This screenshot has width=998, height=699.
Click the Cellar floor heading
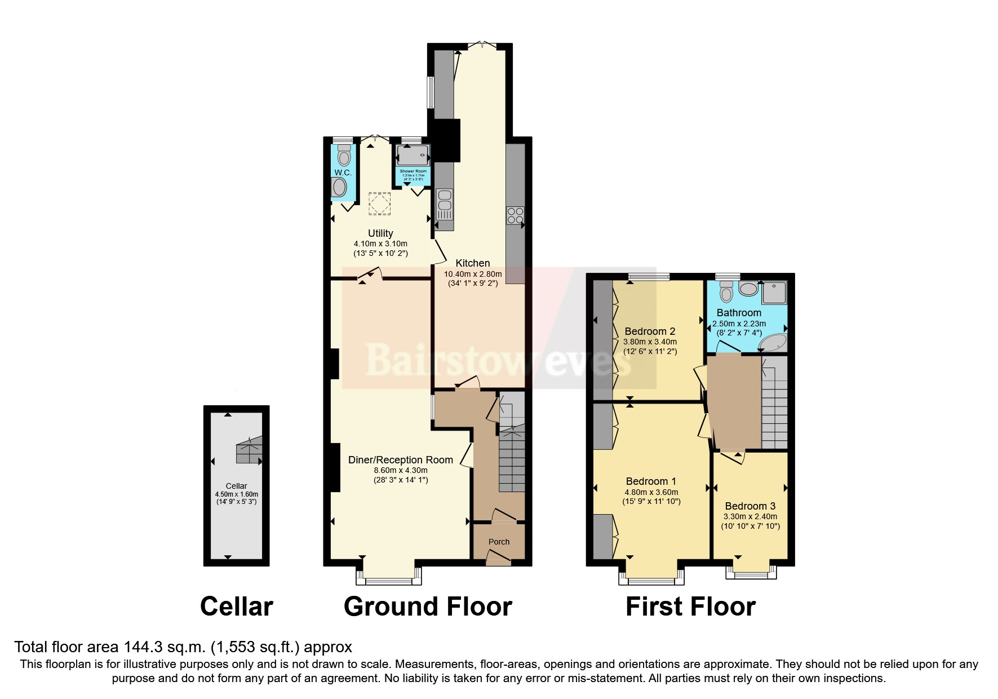tap(236, 607)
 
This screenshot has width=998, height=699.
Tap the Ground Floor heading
tap(428, 607)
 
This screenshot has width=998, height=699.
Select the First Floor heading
tap(690, 607)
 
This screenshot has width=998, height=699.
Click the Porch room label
tap(499, 542)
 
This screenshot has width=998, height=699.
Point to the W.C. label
tap(343, 172)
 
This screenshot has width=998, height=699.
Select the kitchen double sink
tap(445, 205)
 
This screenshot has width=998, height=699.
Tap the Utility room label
tap(380, 233)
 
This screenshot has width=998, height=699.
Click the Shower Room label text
tap(413, 171)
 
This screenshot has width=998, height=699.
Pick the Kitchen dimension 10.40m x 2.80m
tap(472, 274)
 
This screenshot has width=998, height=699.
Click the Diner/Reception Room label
tap(400, 460)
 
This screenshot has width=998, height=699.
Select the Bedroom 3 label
tap(750, 506)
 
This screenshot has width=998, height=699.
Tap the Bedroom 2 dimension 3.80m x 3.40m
tap(650, 342)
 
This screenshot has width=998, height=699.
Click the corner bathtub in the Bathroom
tap(772, 343)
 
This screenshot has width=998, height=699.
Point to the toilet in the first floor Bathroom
tap(727, 293)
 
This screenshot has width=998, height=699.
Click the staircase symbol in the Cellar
tap(249, 450)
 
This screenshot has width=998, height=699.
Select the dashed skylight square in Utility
tap(379, 203)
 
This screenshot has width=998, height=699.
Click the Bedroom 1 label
tap(651, 481)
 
